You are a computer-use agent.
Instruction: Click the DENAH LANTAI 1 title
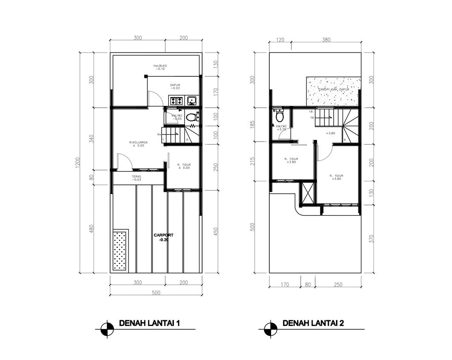[150, 324]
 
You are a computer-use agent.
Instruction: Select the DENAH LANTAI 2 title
[313, 324]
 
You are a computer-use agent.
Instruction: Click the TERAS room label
[136, 178]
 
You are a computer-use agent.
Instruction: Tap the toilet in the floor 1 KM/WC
[191, 117]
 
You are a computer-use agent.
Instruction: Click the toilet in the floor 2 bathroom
[279, 117]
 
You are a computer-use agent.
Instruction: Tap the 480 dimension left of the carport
[91, 229]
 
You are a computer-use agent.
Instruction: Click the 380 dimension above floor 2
[326, 40]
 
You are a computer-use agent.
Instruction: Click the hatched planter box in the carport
[120, 250]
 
